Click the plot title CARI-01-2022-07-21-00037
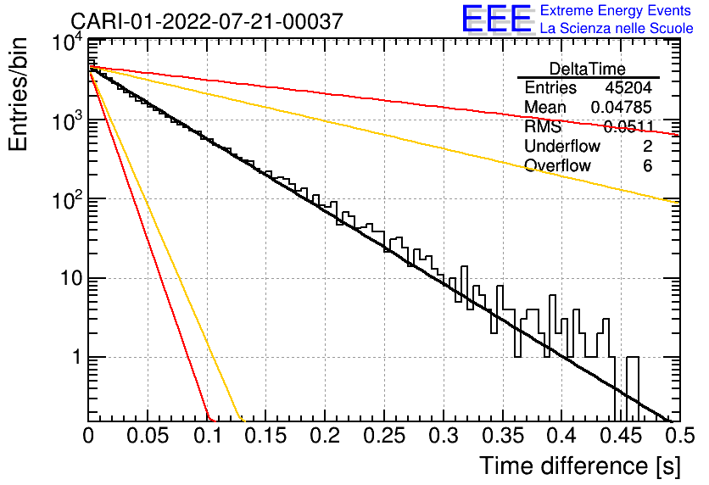click(207, 21)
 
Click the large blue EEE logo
click(496, 20)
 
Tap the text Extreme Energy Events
click(616, 10)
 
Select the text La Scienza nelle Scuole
click(617, 28)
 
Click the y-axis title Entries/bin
click(18, 95)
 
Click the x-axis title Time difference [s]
click(580, 465)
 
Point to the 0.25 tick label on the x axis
click(384, 436)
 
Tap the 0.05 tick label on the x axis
click(148, 436)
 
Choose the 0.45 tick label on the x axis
click(622, 436)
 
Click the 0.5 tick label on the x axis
click(679, 436)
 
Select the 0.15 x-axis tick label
click(266, 436)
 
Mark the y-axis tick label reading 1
click(77, 357)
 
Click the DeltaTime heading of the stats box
click(588, 69)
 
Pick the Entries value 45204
click(628, 87)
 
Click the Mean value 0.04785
click(622, 107)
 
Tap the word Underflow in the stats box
click(562, 146)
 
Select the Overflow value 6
click(647, 166)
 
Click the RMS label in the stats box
click(543, 126)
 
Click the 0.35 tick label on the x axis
click(503, 436)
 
